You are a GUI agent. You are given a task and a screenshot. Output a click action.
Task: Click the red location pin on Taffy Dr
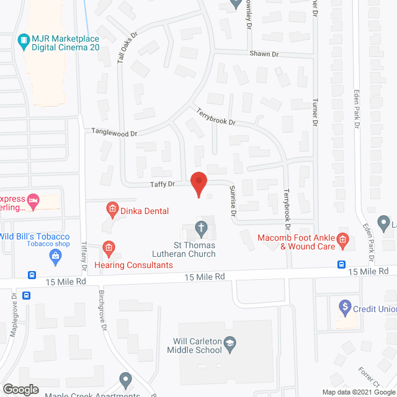tap(198, 184)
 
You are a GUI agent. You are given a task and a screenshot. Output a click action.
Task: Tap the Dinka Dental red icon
tap(112, 210)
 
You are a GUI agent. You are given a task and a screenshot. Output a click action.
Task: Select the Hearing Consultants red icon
tap(109, 250)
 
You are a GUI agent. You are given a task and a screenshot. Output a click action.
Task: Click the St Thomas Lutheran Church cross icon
tap(201, 228)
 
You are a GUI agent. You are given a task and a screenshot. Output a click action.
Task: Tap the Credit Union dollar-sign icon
tap(345, 307)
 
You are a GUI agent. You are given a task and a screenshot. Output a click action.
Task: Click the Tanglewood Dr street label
tap(114, 132)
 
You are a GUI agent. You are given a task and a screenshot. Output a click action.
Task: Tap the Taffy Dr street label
tap(163, 184)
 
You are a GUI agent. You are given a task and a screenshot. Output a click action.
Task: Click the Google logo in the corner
tap(20, 389)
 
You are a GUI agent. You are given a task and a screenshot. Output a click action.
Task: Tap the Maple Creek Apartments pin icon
tap(126, 378)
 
